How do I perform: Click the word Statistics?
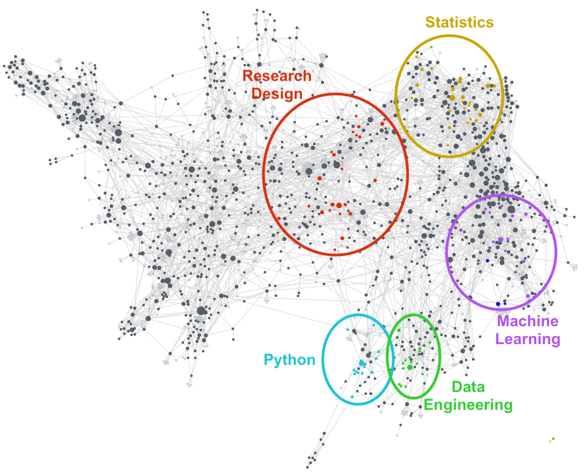[460, 22]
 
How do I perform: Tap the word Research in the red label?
[277, 76]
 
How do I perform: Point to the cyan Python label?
[289, 359]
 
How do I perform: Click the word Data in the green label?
[468, 387]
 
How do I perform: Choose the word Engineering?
[468, 405]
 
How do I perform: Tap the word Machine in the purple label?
[528, 321]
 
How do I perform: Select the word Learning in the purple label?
[528, 338]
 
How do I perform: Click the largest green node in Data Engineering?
[410, 367]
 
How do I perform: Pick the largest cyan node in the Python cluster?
[361, 363]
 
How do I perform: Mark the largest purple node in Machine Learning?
[500, 239]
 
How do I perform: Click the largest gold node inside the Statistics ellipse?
[452, 97]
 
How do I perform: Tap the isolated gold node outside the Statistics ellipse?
[553, 439]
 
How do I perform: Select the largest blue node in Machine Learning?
[498, 304]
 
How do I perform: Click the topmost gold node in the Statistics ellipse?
[431, 47]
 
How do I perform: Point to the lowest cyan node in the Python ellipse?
[352, 397]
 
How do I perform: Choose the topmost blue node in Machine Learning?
[487, 261]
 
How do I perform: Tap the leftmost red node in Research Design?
[279, 218]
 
